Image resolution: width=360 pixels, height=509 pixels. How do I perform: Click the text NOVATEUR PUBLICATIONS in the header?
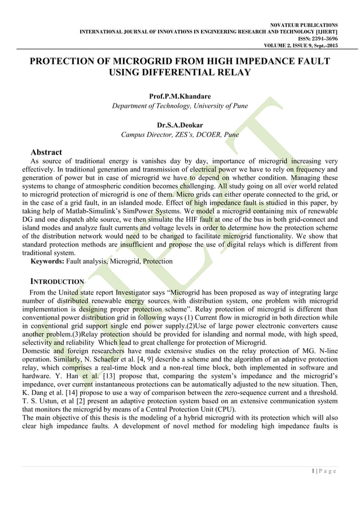tap(305, 25)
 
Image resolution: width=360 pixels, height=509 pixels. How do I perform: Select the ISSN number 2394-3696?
tap(321, 39)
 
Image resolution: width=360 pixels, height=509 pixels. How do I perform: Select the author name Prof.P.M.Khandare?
tap(179, 96)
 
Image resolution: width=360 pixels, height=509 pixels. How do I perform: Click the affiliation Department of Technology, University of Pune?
tap(179, 106)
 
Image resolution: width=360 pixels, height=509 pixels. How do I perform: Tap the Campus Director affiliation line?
tap(179, 135)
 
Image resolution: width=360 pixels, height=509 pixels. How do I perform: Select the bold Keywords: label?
tap(47, 261)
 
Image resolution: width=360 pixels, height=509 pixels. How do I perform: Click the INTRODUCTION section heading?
tap(56, 281)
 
